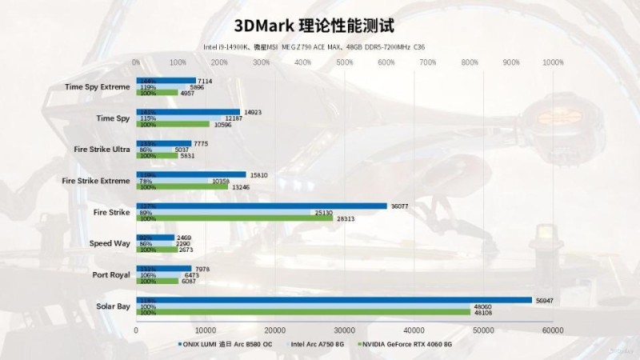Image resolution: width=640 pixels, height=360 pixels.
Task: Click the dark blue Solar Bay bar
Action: tap(334, 300)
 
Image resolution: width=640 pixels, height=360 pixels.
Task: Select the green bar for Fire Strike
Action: tap(223, 218)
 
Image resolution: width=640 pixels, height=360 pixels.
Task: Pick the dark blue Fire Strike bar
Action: tap(262, 206)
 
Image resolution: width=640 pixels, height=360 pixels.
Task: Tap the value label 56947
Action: tap(543, 300)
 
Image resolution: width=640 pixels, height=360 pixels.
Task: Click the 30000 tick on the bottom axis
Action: tap(344, 330)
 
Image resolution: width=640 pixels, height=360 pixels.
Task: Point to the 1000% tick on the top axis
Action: tap(553, 62)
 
